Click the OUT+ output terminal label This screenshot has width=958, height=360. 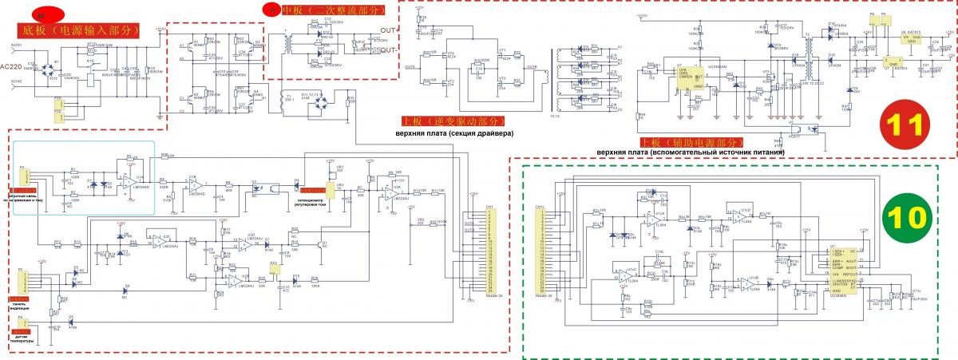pos(388,30)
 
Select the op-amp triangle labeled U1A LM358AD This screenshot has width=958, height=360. pos(129,181)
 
